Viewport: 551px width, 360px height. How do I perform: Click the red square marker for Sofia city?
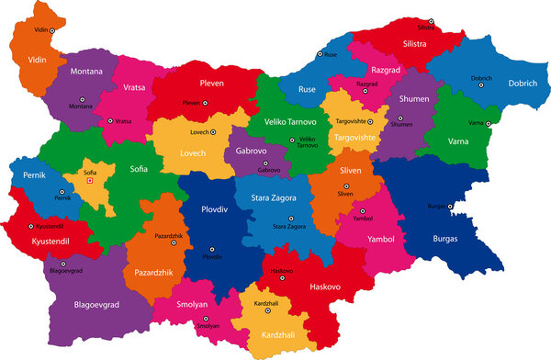click(x=90, y=181)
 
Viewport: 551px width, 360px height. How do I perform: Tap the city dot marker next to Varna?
click(x=490, y=124)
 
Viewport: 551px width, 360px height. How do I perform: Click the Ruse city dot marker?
click(x=320, y=54)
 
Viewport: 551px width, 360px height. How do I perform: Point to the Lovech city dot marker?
click(x=214, y=132)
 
